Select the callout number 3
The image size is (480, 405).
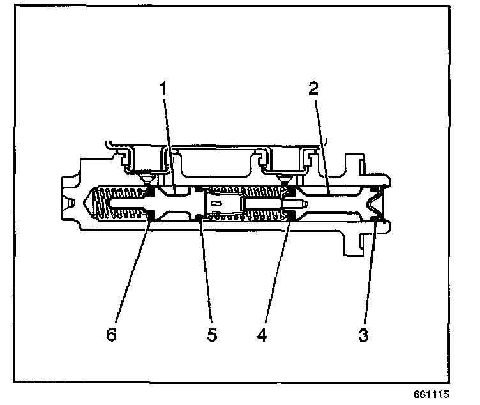click(363, 335)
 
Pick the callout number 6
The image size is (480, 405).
click(112, 335)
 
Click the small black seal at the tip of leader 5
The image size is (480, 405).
click(200, 218)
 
